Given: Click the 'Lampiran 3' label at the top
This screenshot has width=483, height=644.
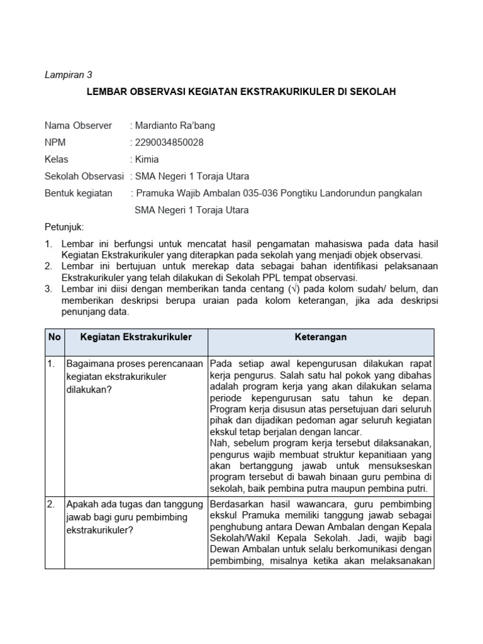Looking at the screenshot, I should tap(69, 74).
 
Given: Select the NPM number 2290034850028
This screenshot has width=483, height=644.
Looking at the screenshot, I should tap(169, 142).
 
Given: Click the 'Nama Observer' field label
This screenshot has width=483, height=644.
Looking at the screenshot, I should tap(78, 125).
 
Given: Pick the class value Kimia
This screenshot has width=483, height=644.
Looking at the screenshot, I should tap(147, 159).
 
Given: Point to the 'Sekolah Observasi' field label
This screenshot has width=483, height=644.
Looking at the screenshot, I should tap(84, 176).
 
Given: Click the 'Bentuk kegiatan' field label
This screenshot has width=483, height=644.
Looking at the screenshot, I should tap(79, 193).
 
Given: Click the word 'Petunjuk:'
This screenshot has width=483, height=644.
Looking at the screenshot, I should tap(64, 226).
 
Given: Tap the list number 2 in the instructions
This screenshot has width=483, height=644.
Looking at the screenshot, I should tap(48, 266).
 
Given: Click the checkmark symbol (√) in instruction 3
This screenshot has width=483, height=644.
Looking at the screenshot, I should tap(292, 289).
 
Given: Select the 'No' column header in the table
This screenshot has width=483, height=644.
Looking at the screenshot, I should tap(55, 337).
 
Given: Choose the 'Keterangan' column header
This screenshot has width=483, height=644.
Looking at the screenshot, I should tap(321, 337).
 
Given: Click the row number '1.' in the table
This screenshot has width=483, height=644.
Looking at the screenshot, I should tap(52, 364).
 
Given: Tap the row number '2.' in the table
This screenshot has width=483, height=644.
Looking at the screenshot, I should tap(52, 504).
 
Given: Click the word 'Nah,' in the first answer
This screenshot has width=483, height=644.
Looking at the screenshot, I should tap(221, 443).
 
